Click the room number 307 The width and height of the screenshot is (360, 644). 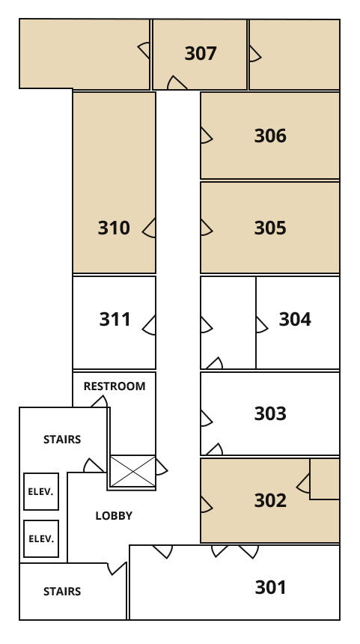click(201, 53)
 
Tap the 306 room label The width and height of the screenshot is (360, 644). click(270, 136)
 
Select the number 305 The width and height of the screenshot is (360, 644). click(270, 228)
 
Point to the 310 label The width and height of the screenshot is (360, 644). click(114, 228)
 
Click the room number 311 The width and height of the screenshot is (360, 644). click(115, 319)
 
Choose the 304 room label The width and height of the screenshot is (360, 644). click(295, 319)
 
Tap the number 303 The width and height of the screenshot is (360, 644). click(270, 413)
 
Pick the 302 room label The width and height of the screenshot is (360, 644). click(270, 500)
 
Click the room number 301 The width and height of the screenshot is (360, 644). click(270, 587)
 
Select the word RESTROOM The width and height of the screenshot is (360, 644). click(115, 386)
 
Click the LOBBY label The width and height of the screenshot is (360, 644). click(114, 516)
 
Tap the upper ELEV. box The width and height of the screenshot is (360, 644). click(41, 492)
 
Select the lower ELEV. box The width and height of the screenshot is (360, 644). click(41, 539)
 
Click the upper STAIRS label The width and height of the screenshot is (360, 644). click(62, 440)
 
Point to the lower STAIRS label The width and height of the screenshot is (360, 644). click(62, 592)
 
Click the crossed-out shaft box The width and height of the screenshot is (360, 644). click(132, 471)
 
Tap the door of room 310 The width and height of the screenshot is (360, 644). click(149, 228)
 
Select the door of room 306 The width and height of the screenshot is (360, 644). click(207, 136)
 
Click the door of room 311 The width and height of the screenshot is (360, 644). click(149, 325)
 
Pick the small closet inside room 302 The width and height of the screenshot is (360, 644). click(324, 479)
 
